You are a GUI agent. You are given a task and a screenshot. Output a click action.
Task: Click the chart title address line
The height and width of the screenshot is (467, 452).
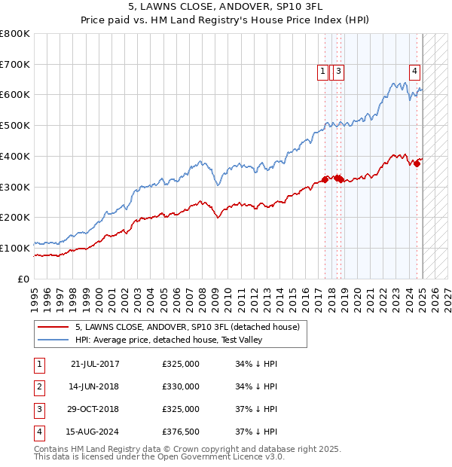[225, 8]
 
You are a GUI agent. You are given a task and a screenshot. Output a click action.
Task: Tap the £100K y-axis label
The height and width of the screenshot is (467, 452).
[14, 248]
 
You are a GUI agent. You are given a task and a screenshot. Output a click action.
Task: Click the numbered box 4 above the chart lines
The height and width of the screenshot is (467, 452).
[414, 72]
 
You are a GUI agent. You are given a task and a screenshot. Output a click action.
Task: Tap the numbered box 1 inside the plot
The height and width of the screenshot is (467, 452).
[322, 72]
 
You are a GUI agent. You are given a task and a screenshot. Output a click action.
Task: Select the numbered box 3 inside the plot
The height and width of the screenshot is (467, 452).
[339, 72]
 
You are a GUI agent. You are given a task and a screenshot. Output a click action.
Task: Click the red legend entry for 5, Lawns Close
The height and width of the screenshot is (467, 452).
[188, 328]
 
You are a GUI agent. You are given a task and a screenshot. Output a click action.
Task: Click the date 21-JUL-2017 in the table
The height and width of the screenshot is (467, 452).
[95, 364]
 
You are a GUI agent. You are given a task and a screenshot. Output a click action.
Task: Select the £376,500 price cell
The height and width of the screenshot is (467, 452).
[181, 432]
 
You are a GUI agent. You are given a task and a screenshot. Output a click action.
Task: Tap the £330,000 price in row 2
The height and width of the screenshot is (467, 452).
[181, 386]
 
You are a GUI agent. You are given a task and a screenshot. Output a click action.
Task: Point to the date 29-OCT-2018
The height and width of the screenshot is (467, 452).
[95, 409]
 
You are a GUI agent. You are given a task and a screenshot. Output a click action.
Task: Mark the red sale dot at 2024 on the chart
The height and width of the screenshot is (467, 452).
[417, 163]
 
